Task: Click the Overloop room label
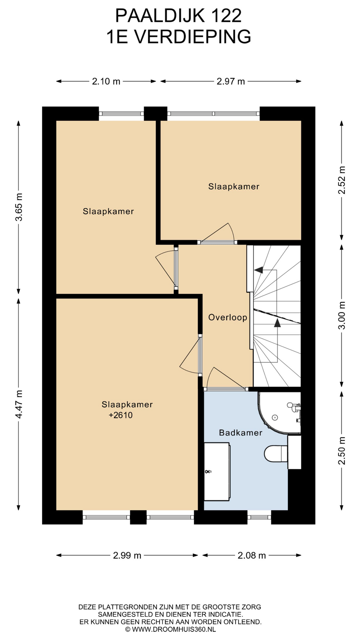(x=228, y=317)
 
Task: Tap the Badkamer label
(x=241, y=433)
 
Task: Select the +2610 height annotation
(x=121, y=415)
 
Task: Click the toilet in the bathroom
(x=276, y=453)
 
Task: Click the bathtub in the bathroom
(x=217, y=472)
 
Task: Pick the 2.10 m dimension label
(x=106, y=81)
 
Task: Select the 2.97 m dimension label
(x=231, y=81)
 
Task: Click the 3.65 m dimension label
(x=19, y=207)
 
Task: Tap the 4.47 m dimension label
(x=19, y=404)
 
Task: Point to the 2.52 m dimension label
(x=342, y=180)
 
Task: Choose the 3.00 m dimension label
(x=342, y=315)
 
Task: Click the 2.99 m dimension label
(x=127, y=556)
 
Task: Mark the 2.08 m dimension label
(x=252, y=556)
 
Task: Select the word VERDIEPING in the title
(x=193, y=37)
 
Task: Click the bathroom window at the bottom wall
(x=259, y=517)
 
